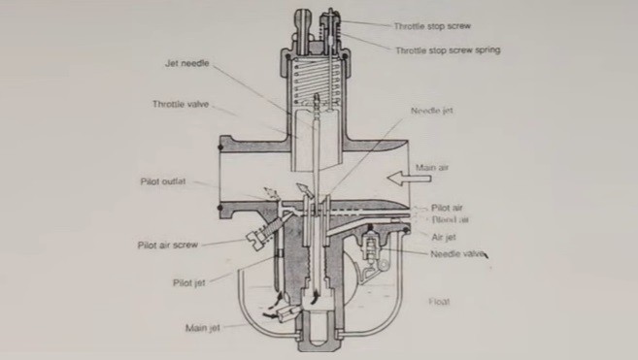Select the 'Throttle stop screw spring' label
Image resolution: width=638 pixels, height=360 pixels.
click(x=448, y=49)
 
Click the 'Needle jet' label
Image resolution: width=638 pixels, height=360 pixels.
click(x=432, y=112)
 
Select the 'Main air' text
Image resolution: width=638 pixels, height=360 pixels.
click(x=433, y=168)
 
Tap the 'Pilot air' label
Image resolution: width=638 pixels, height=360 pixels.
click(x=449, y=208)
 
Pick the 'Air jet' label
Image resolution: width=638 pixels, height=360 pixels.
click(x=445, y=234)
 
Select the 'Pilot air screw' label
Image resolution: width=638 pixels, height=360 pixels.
click(x=168, y=245)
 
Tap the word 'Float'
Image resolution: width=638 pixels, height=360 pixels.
click(x=440, y=302)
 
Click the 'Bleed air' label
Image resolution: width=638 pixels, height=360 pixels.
click(x=449, y=220)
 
